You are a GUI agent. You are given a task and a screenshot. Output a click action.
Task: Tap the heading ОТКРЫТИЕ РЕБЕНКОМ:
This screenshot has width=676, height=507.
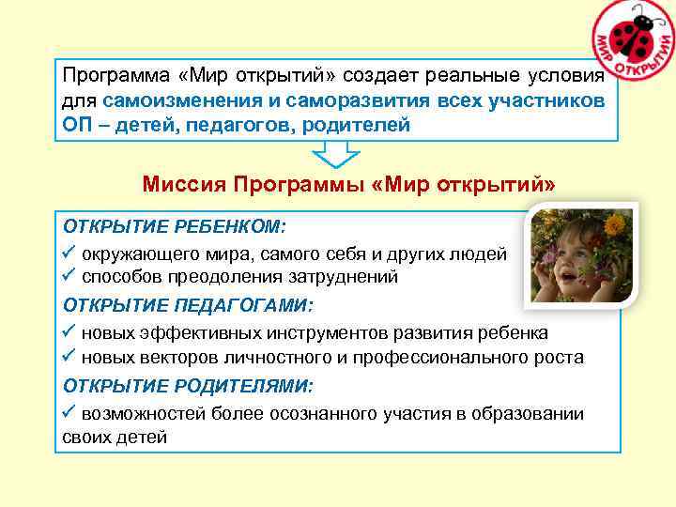pos(176,227)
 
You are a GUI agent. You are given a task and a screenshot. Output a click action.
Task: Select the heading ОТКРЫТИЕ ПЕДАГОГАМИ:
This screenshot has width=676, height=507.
pos(189,306)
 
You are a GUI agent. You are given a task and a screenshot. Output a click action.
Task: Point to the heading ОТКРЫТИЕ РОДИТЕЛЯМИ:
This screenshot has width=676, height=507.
pos(189,385)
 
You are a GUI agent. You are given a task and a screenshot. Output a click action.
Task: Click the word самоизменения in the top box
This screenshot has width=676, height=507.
pos(182,100)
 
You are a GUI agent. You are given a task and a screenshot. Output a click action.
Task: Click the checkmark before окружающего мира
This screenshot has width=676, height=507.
pos(69,253)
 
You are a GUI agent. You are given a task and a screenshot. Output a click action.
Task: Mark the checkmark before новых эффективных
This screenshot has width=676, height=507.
pos(69,332)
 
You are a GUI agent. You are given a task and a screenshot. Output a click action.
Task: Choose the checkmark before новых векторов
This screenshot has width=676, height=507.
pos(69,358)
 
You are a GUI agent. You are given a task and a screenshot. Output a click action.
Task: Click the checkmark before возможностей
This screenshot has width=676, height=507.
pos(69,413)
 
